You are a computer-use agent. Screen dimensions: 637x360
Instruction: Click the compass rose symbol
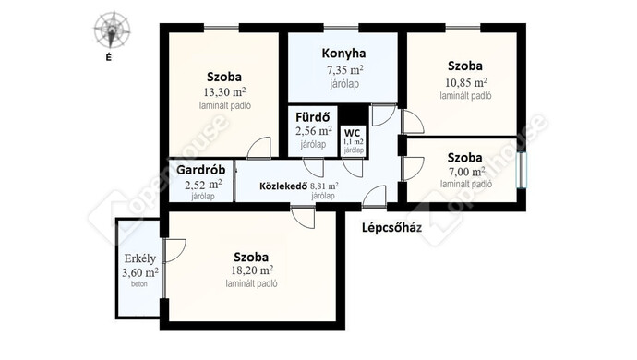tap(112, 30)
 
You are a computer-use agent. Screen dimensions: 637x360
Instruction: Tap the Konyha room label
tap(343, 54)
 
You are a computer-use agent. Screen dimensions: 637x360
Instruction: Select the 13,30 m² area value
tap(224, 91)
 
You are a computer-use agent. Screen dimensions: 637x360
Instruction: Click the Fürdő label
tap(312, 117)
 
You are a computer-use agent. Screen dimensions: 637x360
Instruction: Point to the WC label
tap(352, 133)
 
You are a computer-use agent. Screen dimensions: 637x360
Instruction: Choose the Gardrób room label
tap(200, 170)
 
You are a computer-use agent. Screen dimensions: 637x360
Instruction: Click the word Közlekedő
tap(282, 186)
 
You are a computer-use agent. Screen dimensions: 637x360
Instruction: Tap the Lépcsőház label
tap(391, 228)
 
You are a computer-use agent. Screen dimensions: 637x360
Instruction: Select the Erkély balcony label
tap(140, 258)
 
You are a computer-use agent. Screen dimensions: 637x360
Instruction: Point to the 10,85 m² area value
tap(466, 82)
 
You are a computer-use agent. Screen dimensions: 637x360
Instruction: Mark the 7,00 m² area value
tap(467, 172)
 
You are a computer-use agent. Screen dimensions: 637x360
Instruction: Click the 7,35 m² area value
tap(345, 70)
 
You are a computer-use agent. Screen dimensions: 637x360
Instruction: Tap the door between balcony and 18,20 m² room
tap(174, 250)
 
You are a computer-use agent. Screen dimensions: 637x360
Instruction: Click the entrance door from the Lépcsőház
tap(374, 197)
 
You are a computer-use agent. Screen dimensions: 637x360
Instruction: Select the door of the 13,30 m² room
tap(258, 148)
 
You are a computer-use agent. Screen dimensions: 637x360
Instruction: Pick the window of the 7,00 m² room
tap(522, 170)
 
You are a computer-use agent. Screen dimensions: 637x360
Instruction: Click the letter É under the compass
tap(108, 58)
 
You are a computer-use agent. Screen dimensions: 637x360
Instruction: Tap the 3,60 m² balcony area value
tap(140, 272)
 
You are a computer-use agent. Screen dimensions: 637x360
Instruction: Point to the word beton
tap(138, 284)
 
